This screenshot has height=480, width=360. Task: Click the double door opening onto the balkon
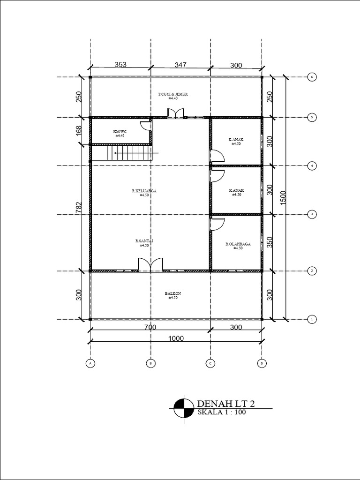pyautogui.click(x=150, y=264)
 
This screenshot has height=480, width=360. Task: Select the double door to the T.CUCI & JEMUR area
pyautogui.click(x=176, y=112)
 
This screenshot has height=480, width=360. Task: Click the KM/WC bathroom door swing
pyautogui.click(x=146, y=125)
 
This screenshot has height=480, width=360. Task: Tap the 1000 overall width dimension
pyautogui.click(x=176, y=338)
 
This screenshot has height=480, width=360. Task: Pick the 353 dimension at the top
pyautogui.click(x=120, y=65)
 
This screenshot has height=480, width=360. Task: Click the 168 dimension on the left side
pyautogui.click(x=79, y=131)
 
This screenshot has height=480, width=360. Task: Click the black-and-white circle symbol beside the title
pyautogui.click(x=183, y=407)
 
